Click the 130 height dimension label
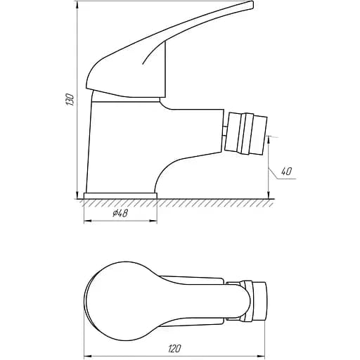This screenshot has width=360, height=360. (69, 101)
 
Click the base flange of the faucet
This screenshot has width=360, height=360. (120, 195)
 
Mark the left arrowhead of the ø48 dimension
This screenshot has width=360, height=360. (86, 221)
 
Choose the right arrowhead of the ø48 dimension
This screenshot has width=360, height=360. (154, 221)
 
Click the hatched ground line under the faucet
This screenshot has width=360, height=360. (176, 202)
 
